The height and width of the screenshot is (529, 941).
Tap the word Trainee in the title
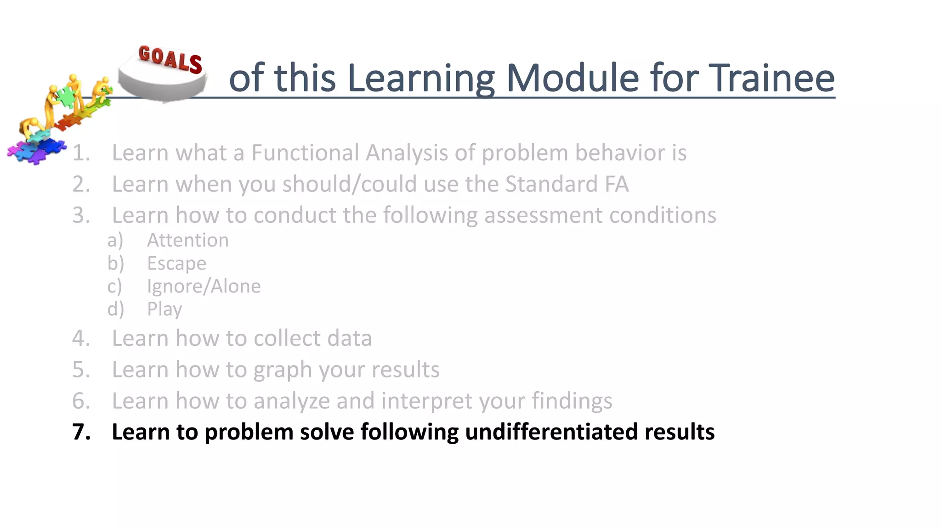(771, 78)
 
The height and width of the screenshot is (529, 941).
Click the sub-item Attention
(187, 240)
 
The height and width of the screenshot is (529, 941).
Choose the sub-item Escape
(176, 263)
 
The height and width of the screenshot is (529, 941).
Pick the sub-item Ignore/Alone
(204, 286)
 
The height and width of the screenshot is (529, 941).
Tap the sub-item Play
(164, 309)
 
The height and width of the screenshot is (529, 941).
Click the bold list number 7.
(81, 432)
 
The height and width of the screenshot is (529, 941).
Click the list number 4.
(81, 338)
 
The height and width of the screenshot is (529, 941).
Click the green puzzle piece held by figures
(67, 96)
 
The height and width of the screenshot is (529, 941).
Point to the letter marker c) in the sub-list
(115, 286)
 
